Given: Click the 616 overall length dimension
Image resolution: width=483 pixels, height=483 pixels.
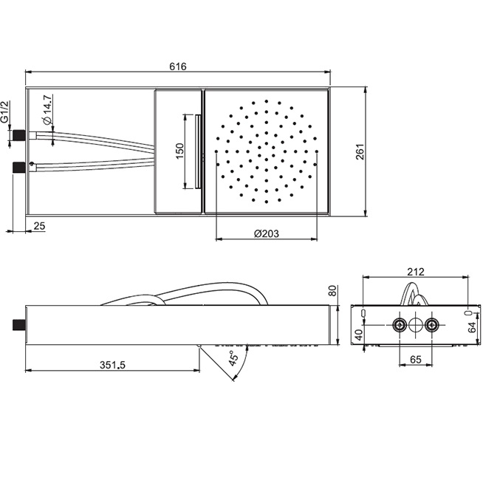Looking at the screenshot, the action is (x=178, y=66).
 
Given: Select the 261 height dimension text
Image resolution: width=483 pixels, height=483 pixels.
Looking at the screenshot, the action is (x=360, y=151).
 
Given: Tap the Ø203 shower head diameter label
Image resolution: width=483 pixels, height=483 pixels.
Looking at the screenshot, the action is (x=267, y=233).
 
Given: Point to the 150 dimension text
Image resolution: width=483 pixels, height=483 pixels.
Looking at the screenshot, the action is (x=179, y=151).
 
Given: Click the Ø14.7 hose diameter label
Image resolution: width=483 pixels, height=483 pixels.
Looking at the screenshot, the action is (x=48, y=109).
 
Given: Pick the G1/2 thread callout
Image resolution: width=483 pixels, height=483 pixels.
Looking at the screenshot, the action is (x=5, y=112).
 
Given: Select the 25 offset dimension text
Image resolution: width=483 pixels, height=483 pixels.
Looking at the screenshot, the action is (x=39, y=226).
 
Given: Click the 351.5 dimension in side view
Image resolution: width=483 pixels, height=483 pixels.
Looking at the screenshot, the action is (x=112, y=365).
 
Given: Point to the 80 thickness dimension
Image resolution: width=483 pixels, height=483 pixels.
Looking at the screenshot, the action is (x=332, y=290).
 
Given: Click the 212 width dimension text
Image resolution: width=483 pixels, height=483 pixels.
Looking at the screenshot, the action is (x=416, y=272).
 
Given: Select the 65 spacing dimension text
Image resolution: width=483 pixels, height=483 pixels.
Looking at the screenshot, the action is (x=416, y=360).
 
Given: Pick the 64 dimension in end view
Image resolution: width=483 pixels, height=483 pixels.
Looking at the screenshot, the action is (x=472, y=327).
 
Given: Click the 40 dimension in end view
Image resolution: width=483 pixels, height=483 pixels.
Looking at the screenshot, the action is (x=358, y=335).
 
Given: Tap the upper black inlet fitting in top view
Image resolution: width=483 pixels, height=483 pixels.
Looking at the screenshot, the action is (x=18, y=135).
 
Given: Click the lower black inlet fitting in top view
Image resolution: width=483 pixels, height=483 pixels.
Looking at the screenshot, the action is (x=18, y=167).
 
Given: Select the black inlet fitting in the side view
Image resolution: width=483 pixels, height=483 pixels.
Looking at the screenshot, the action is (x=18, y=325).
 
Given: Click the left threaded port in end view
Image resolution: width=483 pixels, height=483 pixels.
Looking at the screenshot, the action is (x=400, y=325).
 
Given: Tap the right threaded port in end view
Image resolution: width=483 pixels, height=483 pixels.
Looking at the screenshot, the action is (x=431, y=325).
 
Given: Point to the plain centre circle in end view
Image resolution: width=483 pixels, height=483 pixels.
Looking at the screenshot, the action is (x=416, y=325).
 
